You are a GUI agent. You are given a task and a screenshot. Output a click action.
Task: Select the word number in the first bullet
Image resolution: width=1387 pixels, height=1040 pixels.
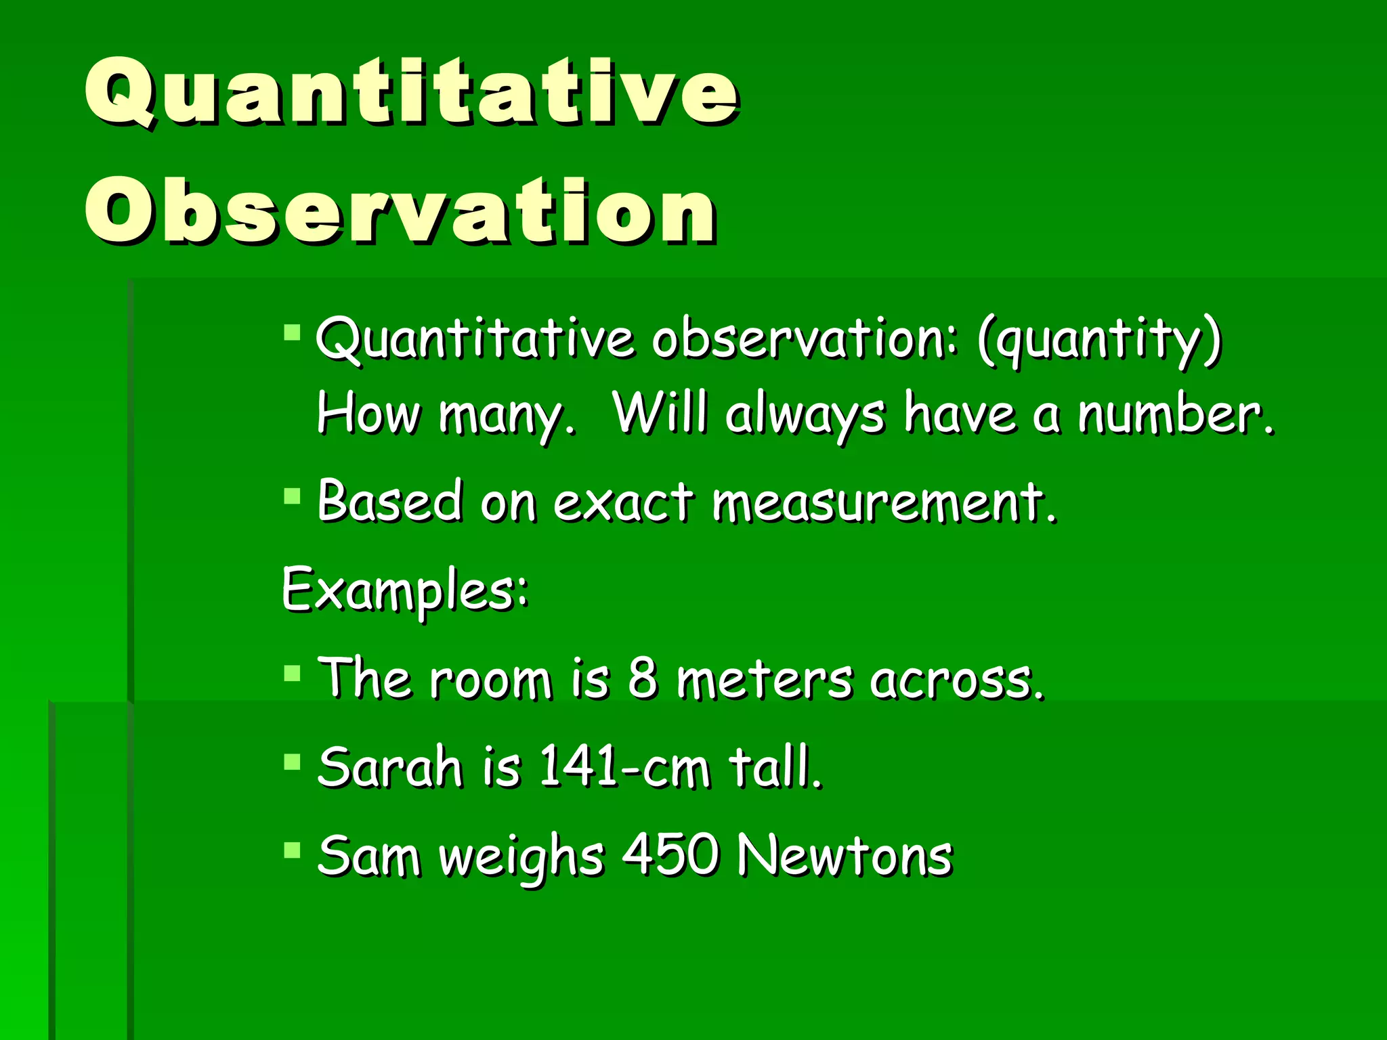tap(1176, 414)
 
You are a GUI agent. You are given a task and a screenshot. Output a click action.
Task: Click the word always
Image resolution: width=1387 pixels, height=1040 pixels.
tap(805, 415)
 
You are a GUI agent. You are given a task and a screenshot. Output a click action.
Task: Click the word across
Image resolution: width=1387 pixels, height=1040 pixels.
tap(957, 680)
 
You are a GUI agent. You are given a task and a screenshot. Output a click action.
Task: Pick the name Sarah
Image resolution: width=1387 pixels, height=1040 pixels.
tap(389, 767)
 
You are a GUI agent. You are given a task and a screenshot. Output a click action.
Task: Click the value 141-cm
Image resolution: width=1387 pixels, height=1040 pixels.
tap(624, 767)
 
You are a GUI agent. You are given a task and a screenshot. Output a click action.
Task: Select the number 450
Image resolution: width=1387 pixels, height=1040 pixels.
tap(670, 855)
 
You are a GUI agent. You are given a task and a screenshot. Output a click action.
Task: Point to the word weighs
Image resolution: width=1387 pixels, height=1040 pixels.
tap(521, 858)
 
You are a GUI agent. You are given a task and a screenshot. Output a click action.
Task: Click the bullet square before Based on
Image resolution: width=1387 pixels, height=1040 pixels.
tap(292, 496)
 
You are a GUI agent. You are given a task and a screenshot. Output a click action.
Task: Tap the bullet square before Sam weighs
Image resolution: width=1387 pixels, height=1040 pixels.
tap(292, 850)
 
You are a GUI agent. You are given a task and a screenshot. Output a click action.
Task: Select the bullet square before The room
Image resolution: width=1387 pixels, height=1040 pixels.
tap(292, 673)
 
